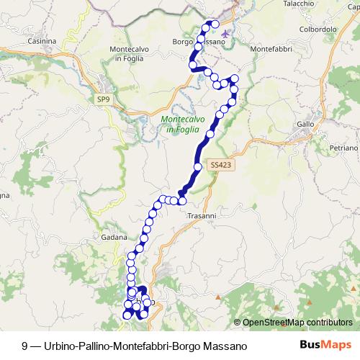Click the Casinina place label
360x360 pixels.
pyautogui.click(x=41, y=42)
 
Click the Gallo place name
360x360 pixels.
pyautogui.click(x=306, y=125)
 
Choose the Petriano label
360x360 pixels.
pyautogui.click(x=343, y=147)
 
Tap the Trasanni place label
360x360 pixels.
pyautogui.click(x=202, y=215)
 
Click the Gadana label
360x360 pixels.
pyautogui.click(x=114, y=237)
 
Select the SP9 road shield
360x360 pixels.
pyautogui.click(x=103, y=99)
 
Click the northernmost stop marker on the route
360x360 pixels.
pyautogui.click(x=214, y=24)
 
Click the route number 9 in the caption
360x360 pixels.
pyautogui.click(x=25, y=346)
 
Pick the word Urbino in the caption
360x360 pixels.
pyautogui.click(x=60, y=346)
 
